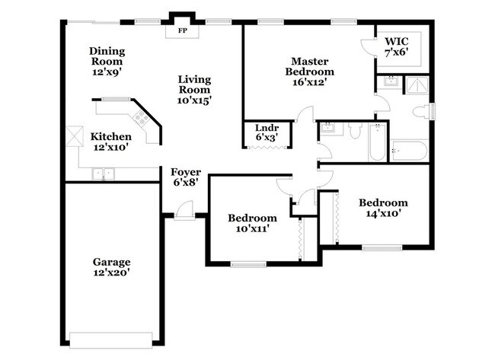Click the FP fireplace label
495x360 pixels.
(x=182, y=31)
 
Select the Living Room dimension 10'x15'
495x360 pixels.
(x=194, y=99)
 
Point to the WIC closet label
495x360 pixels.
(x=397, y=46)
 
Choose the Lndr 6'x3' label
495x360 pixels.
(x=266, y=132)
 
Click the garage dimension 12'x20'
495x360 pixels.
(x=111, y=272)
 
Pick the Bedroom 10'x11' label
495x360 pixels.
(x=252, y=223)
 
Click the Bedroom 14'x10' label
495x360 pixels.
(x=383, y=208)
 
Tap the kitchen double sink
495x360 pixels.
(x=101, y=174)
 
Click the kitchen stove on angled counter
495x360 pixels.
(x=140, y=116)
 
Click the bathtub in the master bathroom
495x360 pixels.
(x=410, y=150)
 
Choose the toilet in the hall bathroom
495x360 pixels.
(x=355, y=132)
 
